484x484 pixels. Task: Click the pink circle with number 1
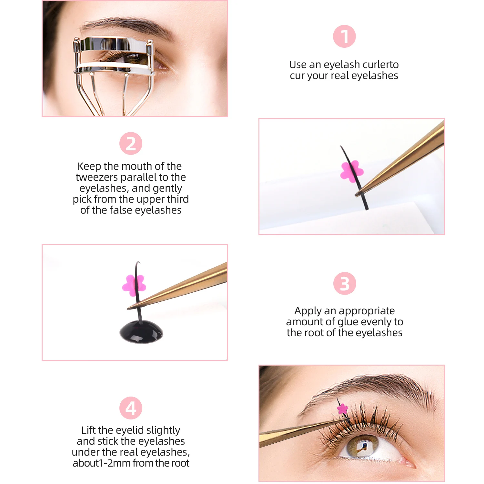point(344,36)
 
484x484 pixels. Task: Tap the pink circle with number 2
point(131,143)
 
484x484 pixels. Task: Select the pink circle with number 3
point(344,284)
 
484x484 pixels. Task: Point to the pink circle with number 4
point(131,408)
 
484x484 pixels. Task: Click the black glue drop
point(141,332)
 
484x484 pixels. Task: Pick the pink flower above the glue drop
point(134,285)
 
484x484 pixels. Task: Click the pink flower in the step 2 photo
point(352,171)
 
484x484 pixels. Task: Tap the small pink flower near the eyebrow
point(342,409)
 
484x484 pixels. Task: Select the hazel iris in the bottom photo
point(361,446)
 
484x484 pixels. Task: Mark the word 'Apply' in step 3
point(308,311)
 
